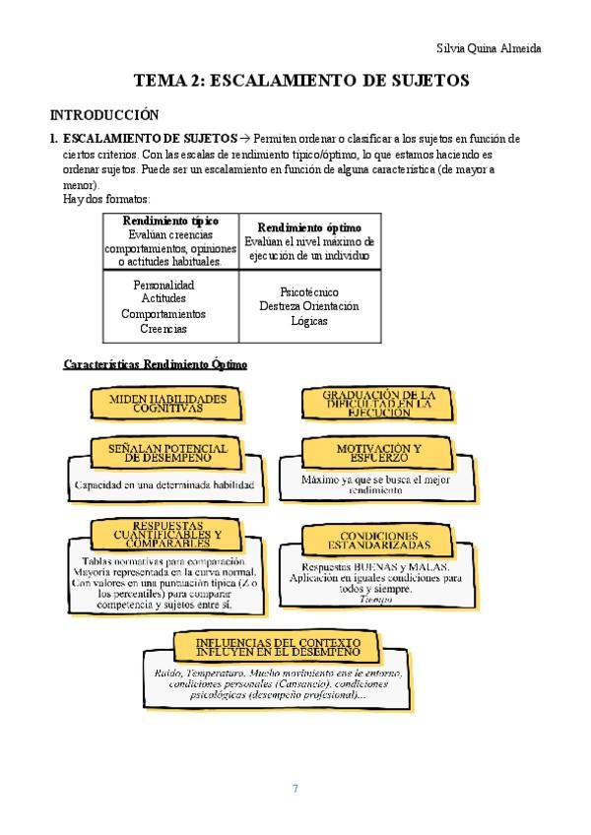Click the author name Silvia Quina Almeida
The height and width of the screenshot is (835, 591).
point(488,48)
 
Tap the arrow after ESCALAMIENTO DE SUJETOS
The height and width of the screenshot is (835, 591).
point(244,139)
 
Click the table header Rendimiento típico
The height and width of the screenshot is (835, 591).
point(170,221)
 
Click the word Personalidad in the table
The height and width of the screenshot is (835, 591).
point(164,285)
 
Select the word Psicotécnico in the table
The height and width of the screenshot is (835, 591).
point(308,292)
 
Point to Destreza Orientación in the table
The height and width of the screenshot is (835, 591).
point(308,306)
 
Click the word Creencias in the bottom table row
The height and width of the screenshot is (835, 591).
point(164,329)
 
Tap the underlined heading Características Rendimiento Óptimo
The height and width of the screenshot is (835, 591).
point(156,364)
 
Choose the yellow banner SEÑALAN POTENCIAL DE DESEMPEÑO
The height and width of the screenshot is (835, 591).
point(173,453)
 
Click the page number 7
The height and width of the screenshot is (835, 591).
point(295,788)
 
